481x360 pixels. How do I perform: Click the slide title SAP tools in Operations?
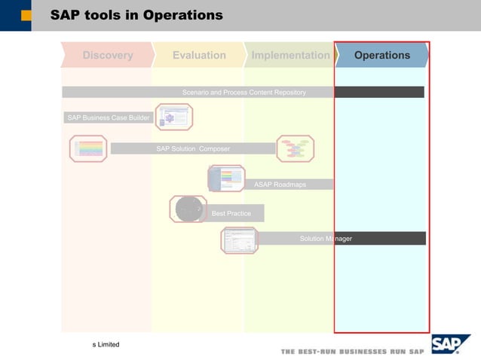point(136,15)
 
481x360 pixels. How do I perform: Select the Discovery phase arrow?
point(107,55)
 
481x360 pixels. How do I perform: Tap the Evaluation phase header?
point(199,55)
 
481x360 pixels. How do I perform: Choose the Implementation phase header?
point(290,55)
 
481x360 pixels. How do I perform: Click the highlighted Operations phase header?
point(382,55)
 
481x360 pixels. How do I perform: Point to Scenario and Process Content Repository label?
point(244,92)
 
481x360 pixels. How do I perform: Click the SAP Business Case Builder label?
point(108,117)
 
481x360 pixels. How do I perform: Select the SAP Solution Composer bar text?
point(193,148)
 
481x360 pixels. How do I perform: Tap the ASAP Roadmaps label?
point(280,185)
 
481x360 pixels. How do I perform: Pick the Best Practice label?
point(231,213)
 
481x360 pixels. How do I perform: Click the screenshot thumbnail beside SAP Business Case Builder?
point(174,117)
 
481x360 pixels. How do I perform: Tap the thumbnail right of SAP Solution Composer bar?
point(295,148)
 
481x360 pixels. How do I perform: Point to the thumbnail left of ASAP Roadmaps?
point(226,178)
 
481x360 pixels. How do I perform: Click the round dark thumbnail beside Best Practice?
point(188,209)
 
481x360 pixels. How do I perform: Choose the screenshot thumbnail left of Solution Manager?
point(239,240)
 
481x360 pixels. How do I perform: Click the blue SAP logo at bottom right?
point(450,345)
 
